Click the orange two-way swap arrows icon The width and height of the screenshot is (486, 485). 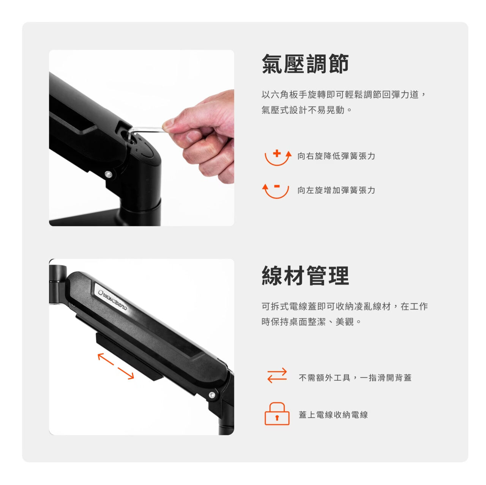click(x=277, y=375)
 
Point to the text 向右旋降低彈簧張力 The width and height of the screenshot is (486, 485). click(x=336, y=156)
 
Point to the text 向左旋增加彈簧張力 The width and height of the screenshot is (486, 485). click(x=336, y=190)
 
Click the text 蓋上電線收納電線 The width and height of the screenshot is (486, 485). click(x=333, y=414)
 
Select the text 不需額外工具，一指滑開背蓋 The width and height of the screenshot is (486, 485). click(x=355, y=378)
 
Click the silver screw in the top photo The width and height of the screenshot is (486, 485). click(x=109, y=174)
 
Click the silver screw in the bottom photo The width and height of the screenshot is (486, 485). click(x=212, y=395)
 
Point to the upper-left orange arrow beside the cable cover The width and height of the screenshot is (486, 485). click(x=106, y=359)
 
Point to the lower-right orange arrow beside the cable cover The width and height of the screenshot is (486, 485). click(x=126, y=374)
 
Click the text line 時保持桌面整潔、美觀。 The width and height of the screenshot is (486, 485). click(x=311, y=322)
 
